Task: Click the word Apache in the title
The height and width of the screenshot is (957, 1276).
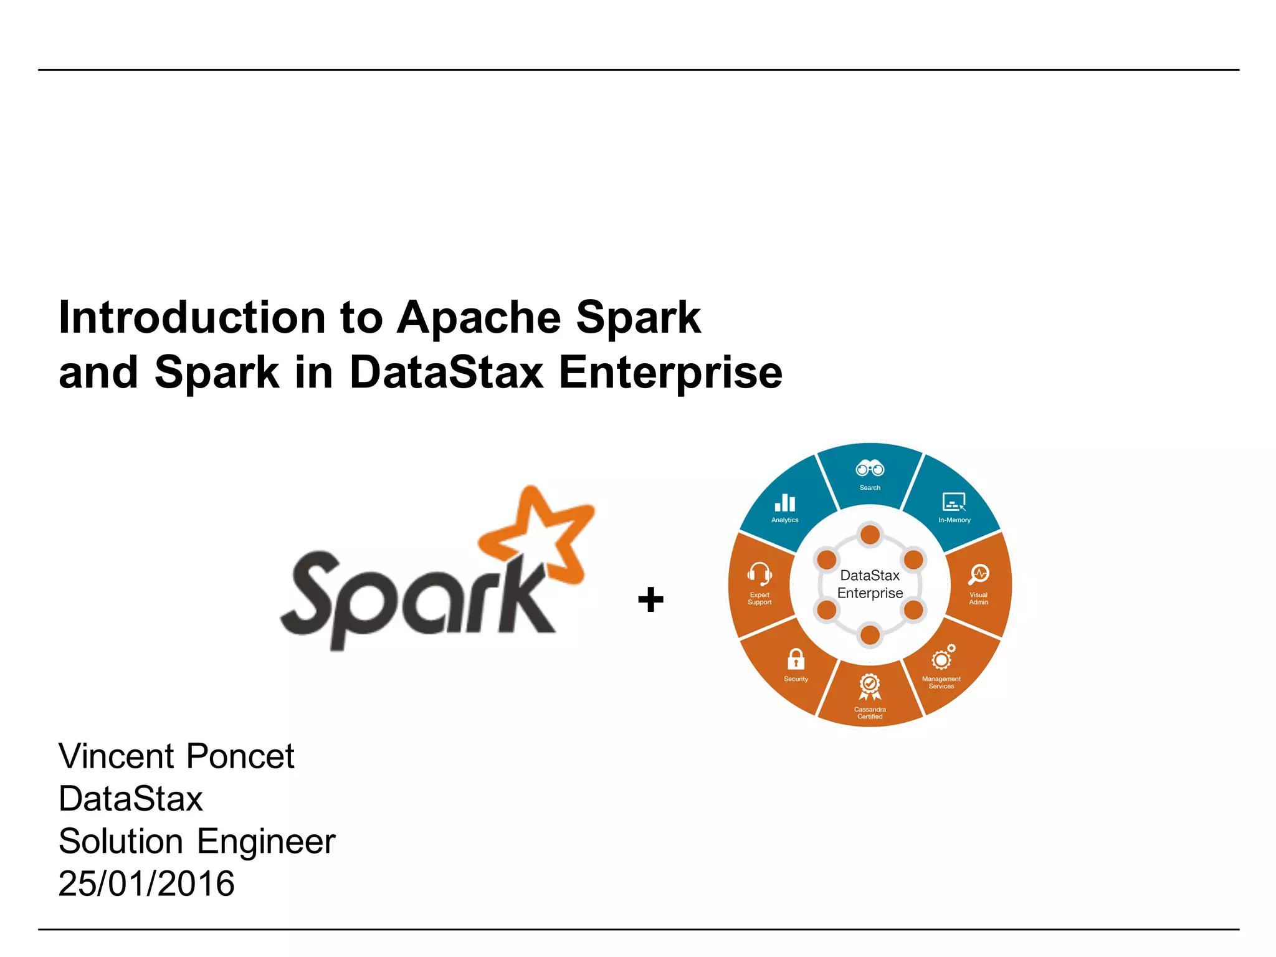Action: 478,318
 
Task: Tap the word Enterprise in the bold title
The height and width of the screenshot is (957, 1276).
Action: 670,373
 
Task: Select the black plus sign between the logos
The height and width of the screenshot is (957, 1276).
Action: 650,599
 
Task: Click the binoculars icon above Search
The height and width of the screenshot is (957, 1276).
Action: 870,468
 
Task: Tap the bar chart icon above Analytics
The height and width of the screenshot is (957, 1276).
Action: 784,503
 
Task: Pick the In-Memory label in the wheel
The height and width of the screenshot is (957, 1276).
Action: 954,520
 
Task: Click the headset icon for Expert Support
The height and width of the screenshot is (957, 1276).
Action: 759,573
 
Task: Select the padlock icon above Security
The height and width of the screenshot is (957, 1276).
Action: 796,659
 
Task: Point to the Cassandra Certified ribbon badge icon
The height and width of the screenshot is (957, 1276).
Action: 870,687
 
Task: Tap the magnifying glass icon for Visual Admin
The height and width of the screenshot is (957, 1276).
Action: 978,574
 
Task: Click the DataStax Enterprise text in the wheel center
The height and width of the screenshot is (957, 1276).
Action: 870,584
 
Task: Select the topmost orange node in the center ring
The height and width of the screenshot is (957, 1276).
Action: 870,535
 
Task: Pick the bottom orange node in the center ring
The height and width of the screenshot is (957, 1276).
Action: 870,636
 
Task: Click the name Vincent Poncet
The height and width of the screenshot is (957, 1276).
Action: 176,756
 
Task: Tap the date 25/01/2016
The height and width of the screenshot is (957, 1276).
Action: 146,883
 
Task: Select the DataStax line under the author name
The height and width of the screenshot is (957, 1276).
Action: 131,799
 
